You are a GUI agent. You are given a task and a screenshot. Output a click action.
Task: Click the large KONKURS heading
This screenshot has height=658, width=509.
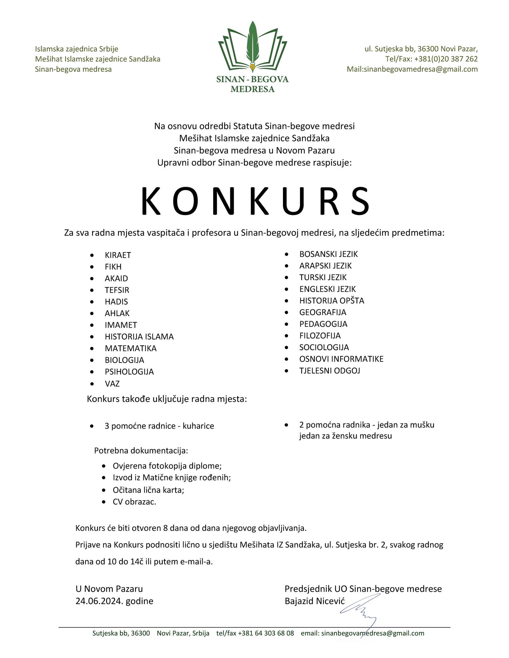[255, 201]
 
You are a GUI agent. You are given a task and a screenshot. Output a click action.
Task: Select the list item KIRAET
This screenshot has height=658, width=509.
[118, 255]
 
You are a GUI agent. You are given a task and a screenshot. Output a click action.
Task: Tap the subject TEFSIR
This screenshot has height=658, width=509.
[117, 290]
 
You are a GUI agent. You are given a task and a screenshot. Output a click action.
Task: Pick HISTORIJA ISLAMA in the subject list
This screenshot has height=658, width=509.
[139, 337]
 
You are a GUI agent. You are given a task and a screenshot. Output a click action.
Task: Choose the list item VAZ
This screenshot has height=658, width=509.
[112, 384]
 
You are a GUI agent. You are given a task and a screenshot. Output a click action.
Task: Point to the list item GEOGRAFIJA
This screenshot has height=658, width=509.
[323, 312]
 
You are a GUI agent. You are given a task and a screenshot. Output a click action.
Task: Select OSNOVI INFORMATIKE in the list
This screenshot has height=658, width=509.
[341, 359]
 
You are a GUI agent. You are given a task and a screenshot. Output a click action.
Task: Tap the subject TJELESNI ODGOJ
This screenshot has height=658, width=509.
[330, 370]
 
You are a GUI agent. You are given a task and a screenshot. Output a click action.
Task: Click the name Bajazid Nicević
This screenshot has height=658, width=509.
[314, 601]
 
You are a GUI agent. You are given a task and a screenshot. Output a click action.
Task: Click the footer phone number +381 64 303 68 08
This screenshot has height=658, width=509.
[266, 633]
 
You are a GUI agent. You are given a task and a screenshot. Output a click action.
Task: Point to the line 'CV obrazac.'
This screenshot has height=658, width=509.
[134, 502]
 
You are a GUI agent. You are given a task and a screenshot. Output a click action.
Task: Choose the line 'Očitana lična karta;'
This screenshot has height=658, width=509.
[148, 490]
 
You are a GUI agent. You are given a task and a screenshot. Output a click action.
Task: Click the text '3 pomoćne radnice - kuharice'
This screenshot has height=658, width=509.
[159, 426]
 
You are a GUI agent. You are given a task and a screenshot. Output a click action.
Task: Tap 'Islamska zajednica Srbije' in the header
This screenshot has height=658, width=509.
[77, 49]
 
